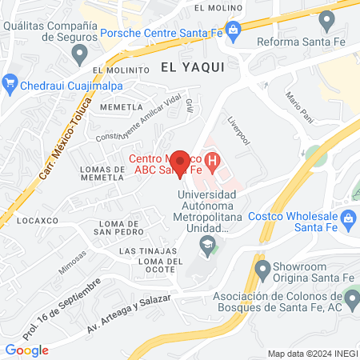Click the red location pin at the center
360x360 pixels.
click(180, 162)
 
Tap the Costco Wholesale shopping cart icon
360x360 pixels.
click(348, 218)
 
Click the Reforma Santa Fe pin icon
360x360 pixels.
click(325, 20)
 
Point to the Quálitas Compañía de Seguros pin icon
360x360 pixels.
click(78, 54)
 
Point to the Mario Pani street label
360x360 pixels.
click(301, 102)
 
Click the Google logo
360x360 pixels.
click(27, 350)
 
